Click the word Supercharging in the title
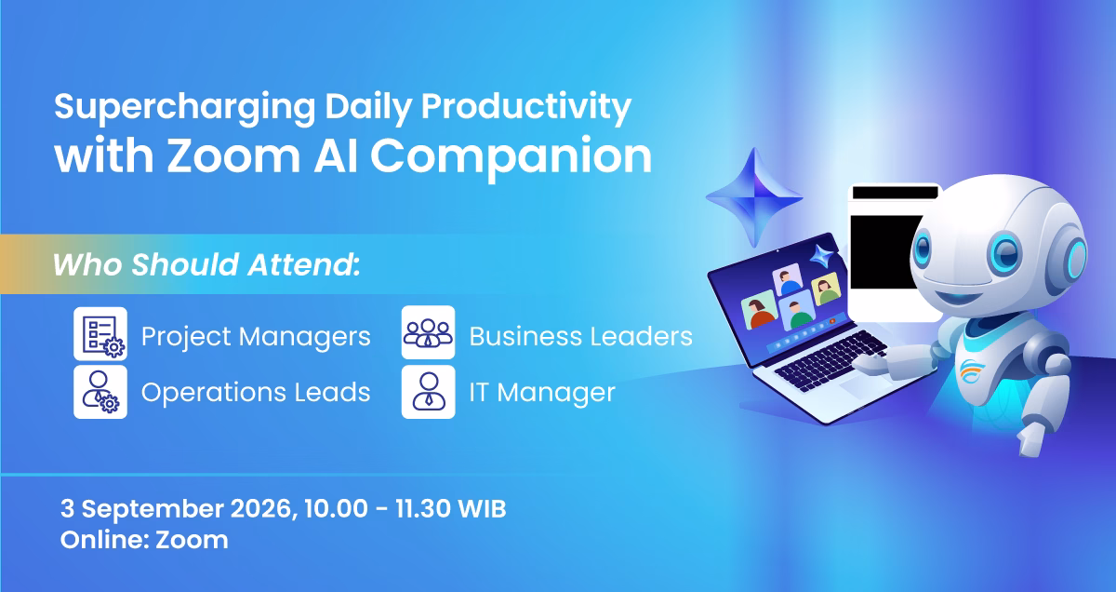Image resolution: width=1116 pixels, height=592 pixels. click(185, 108)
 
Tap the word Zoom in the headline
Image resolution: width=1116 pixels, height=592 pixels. click(233, 156)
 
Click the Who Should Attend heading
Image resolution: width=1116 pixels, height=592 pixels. click(206, 264)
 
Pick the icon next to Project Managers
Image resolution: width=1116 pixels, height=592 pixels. click(100, 333)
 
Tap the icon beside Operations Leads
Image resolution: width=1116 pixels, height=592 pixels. click(100, 392)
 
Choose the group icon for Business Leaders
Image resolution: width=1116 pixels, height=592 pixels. click(428, 332)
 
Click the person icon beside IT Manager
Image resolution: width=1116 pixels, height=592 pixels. click(428, 392)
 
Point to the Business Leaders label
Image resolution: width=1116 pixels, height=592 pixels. click(581, 336)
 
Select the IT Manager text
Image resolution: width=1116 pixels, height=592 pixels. click(542, 393)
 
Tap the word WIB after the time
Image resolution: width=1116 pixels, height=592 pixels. click(482, 509)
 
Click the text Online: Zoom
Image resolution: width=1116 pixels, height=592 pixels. click(144, 540)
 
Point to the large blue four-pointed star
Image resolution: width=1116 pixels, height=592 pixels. click(754, 197)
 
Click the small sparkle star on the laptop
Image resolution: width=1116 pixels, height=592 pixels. click(822, 257)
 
